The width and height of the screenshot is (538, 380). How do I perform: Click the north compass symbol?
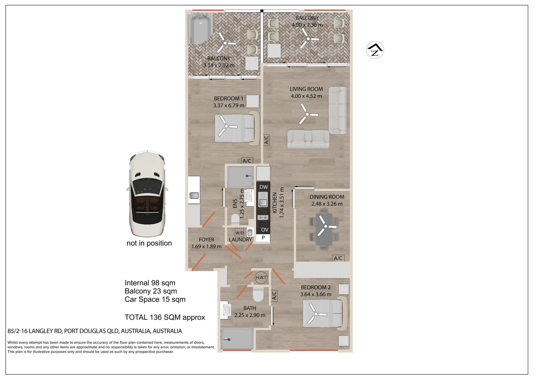[375, 50]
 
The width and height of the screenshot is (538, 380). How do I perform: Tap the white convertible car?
[147, 194]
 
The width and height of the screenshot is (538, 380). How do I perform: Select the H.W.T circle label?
[261, 278]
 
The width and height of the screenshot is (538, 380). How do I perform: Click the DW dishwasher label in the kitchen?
[264, 187]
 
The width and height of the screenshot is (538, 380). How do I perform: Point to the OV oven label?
[265, 230]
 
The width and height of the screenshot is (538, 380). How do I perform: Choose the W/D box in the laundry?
[239, 233]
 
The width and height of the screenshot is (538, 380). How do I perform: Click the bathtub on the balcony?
[200, 29]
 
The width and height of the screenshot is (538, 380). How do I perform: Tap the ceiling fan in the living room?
[308, 114]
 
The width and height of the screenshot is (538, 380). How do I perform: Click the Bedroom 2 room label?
[316, 287]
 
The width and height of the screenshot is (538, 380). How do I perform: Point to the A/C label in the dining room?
[338, 258]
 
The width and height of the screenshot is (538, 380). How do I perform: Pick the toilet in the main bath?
[258, 294]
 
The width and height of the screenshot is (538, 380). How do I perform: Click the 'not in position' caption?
[149, 243]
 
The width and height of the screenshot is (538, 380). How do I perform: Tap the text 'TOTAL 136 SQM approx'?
[165, 317]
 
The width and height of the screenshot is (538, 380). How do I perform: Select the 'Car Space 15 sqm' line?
[155, 299]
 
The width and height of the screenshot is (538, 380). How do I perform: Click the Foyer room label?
[206, 240]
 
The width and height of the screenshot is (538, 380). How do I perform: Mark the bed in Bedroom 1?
[237, 128]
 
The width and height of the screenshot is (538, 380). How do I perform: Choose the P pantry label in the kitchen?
[263, 237]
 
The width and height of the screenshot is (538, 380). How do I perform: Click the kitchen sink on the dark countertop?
[263, 200]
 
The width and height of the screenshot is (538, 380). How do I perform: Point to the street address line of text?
[95, 331]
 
